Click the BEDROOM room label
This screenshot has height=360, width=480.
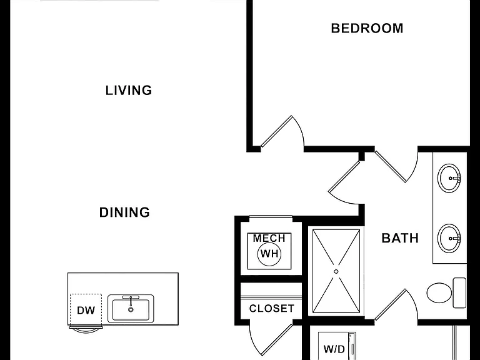367,28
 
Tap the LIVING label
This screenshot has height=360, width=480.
129,90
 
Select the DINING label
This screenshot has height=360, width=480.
124,212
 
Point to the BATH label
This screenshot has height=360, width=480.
400,238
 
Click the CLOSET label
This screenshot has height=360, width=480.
272,309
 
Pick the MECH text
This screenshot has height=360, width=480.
269,238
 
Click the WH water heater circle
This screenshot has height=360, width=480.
269,254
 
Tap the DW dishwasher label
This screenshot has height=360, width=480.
86,311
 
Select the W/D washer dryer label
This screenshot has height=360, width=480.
334,349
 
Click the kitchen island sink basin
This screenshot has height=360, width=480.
131,310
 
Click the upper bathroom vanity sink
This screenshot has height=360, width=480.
449,178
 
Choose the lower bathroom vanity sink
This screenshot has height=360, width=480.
449,238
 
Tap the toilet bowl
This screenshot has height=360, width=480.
439,292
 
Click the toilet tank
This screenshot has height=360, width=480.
459,292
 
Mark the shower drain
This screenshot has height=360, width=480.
336,271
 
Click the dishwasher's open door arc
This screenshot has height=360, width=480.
86,330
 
